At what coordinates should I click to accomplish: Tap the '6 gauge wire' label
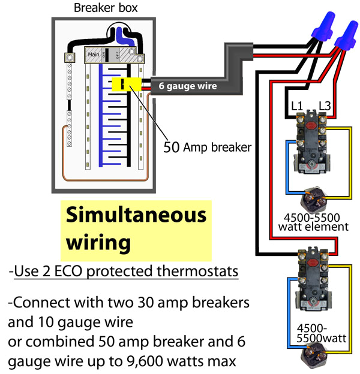coord(188,86)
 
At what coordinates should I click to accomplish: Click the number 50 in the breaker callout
coord(172,147)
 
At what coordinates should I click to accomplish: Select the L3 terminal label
coord(325,106)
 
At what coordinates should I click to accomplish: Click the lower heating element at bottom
coord(313,358)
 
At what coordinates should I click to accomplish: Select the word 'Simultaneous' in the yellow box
coord(135,214)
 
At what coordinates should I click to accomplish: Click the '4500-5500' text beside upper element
coord(305,217)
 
